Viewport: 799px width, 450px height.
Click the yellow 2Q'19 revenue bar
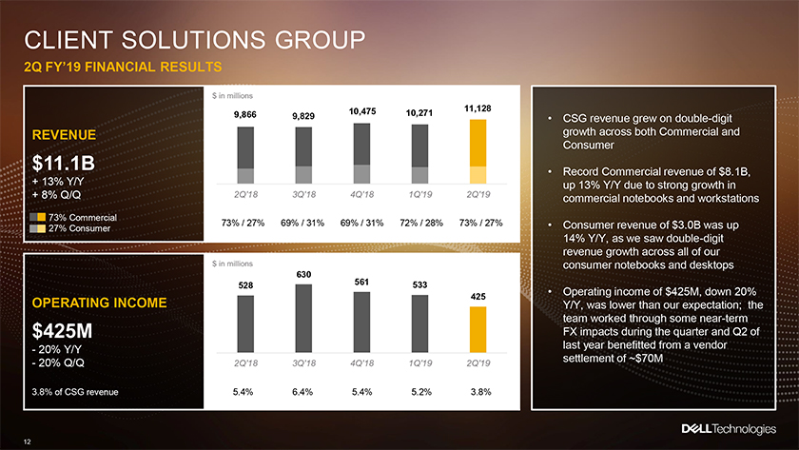click(x=477, y=151)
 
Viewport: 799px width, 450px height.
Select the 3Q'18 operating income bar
click(x=303, y=319)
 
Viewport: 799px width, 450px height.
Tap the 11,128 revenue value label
click(x=477, y=108)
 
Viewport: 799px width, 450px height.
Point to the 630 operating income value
click(x=303, y=275)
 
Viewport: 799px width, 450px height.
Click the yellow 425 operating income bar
click(x=477, y=330)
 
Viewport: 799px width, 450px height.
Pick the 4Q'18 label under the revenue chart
click(x=361, y=194)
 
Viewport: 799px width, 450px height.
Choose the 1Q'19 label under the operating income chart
click(x=419, y=362)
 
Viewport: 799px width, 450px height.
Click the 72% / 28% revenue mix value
click(x=421, y=223)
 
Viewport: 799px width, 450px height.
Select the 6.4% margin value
click(x=302, y=392)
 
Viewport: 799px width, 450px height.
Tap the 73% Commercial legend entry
click(x=73, y=218)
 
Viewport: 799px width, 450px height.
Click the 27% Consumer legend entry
click(x=69, y=229)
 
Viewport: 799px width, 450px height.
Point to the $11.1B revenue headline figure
click(x=63, y=163)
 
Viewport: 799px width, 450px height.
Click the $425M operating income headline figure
click(x=62, y=331)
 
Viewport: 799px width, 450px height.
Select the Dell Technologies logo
click(x=729, y=429)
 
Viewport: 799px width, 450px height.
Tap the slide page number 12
click(x=27, y=441)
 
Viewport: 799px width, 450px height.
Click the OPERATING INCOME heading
click(x=99, y=303)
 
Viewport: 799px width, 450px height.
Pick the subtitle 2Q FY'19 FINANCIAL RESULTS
click(x=123, y=67)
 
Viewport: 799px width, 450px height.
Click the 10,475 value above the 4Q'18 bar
click(x=362, y=111)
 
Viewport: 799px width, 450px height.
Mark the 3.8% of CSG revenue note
click(x=75, y=392)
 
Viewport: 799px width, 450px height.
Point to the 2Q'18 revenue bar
click(x=245, y=155)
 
